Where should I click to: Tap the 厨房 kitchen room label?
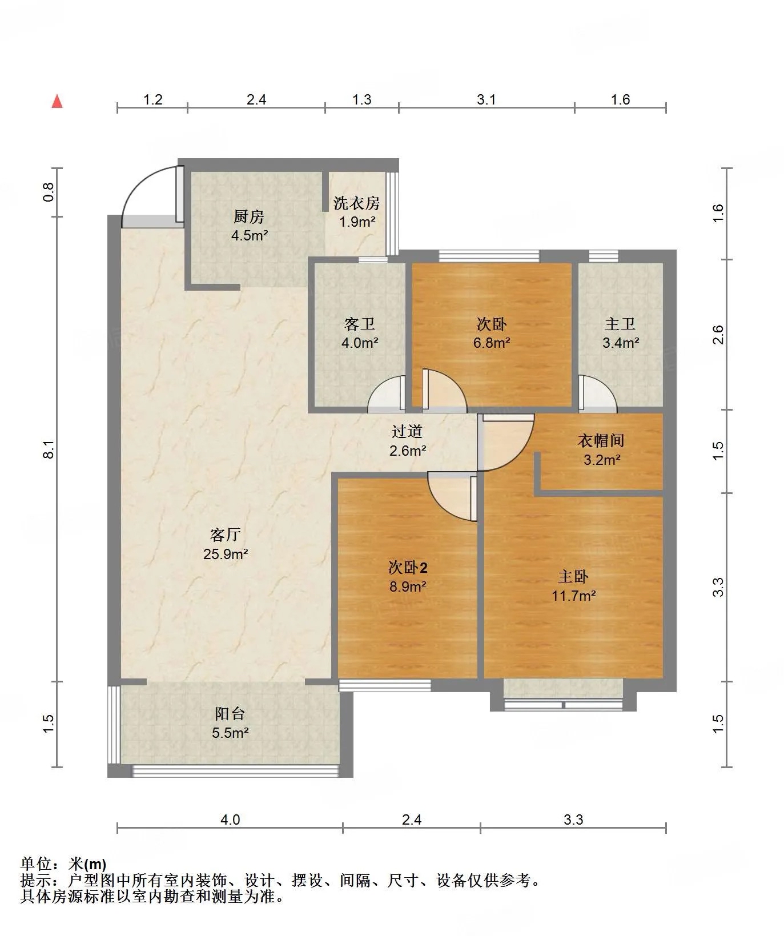tap(249, 217)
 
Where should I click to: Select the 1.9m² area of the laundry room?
tap(357, 222)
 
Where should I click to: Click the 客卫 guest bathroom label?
tap(360, 324)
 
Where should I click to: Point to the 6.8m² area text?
tap(491, 343)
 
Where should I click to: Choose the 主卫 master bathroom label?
tap(620, 324)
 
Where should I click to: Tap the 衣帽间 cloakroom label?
tap(601, 440)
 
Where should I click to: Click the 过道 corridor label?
tap(407, 432)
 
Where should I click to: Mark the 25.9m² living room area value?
tap(226, 553)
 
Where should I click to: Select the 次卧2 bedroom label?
tap(408, 568)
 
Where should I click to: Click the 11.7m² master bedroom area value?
tap(574, 596)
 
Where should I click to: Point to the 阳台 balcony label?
tap(230, 713)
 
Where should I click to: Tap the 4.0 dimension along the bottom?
tap(230, 819)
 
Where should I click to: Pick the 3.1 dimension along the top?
tap(486, 99)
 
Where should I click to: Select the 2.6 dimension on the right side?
tap(718, 335)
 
